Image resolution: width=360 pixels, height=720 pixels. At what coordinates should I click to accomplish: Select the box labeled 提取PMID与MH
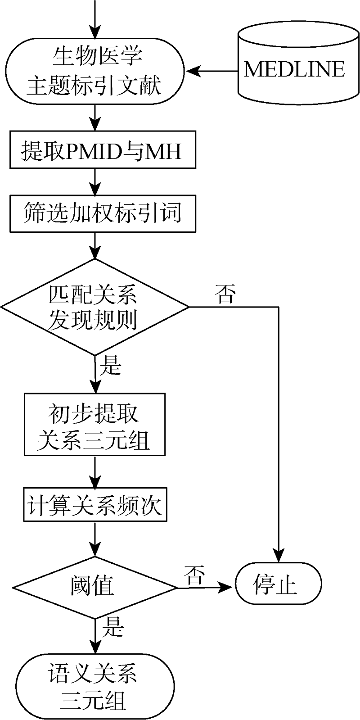(103, 150)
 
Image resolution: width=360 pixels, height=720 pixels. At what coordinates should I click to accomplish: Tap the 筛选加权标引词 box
(103, 213)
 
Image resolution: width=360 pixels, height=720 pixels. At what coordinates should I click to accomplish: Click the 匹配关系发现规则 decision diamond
(95, 308)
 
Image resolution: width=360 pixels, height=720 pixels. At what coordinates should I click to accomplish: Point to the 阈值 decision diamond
(95, 587)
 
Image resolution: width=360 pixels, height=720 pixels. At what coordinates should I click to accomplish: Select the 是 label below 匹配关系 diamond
(110, 366)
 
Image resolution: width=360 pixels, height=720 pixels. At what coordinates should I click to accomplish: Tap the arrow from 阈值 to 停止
(205, 587)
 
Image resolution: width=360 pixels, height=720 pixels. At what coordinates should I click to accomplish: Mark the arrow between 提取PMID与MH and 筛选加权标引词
(95, 181)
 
